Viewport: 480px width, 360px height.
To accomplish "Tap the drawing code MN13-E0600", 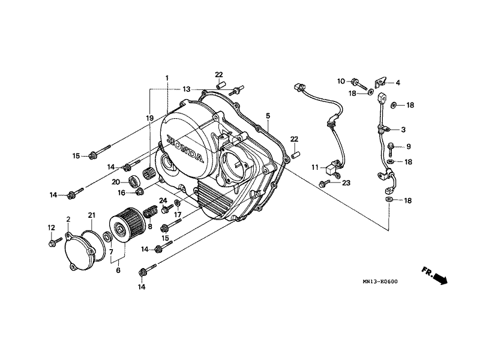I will pyautogui.click(x=379, y=281).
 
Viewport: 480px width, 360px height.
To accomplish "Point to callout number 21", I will pyautogui.click(x=92, y=215).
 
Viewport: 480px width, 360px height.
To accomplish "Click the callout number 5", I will pyautogui.click(x=268, y=115).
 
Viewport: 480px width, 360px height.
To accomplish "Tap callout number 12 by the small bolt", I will pyautogui.click(x=50, y=227).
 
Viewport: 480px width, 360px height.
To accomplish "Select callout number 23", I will pyautogui.click(x=346, y=184).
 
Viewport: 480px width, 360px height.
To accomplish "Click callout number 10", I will pyautogui.click(x=340, y=81).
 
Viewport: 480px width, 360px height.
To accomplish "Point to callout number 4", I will pyautogui.click(x=397, y=82).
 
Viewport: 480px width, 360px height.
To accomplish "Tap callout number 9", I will pyautogui.click(x=408, y=146).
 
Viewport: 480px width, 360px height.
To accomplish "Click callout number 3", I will pyautogui.click(x=403, y=130).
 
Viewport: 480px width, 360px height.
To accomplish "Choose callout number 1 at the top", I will pyautogui.click(x=167, y=78).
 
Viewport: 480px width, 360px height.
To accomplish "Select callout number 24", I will pyautogui.click(x=163, y=200).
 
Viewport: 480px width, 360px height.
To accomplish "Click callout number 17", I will pyautogui.click(x=178, y=214).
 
